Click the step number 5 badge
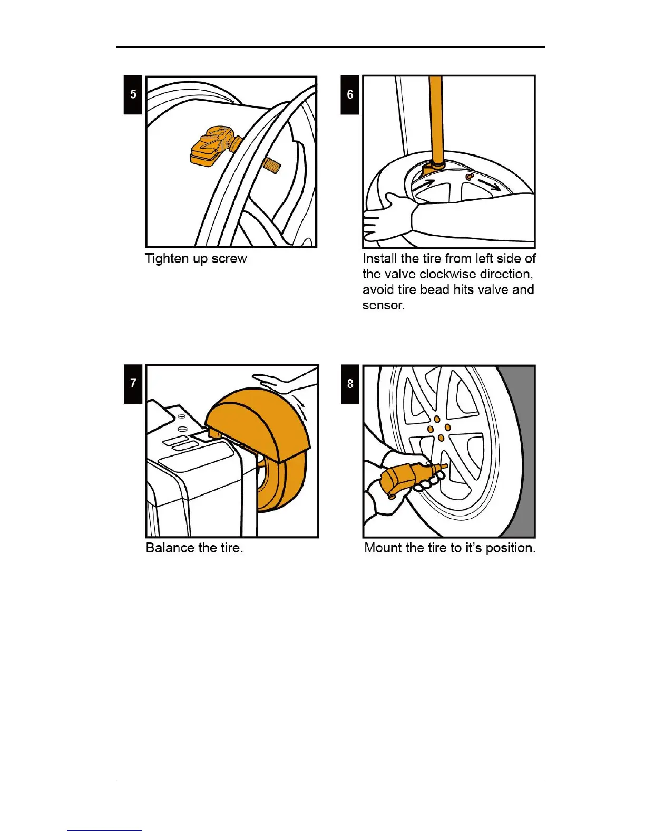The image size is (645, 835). (x=133, y=94)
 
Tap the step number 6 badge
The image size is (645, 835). (x=350, y=94)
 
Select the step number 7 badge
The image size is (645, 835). (x=133, y=383)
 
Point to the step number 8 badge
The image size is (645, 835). (x=350, y=383)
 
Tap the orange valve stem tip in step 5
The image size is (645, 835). (x=271, y=166)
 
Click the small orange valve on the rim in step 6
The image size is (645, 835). (x=470, y=177)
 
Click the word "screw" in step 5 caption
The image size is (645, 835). (x=229, y=259)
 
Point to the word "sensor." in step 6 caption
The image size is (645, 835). (x=383, y=305)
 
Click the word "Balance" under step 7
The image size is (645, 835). (x=170, y=548)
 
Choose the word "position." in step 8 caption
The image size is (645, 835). (x=510, y=548)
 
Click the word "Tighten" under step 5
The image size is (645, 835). (x=166, y=259)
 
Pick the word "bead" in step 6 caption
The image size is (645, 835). (x=435, y=289)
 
